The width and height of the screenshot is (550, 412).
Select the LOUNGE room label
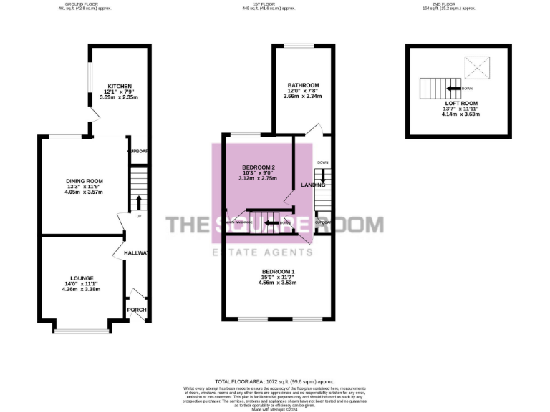click(82, 278)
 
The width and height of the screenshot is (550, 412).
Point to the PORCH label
click(136, 310)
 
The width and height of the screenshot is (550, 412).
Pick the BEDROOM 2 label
click(258, 167)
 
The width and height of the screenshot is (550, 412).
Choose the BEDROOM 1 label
click(278, 271)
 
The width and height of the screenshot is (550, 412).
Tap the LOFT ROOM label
click(460, 103)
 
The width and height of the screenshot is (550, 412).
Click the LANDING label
click(314, 185)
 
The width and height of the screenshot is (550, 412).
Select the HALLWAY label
click(135, 253)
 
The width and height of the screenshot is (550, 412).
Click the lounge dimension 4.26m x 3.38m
click(81, 289)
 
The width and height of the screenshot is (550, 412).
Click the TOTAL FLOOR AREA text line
click(274, 382)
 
